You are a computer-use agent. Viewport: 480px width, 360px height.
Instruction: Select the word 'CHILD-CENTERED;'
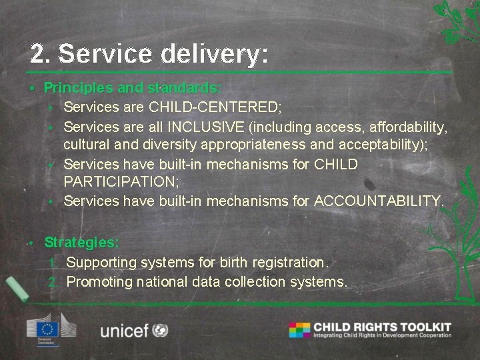click(x=215, y=107)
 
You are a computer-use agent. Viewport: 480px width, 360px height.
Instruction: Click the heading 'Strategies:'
click(x=82, y=243)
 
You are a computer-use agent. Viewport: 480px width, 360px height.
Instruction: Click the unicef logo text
click(x=124, y=331)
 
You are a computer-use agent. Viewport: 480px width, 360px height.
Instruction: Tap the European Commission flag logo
click(x=48, y=329)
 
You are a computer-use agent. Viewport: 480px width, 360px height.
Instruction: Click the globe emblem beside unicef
click(x=160, y=330)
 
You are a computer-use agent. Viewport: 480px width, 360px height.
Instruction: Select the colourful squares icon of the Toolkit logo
click(x=299, y=330)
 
